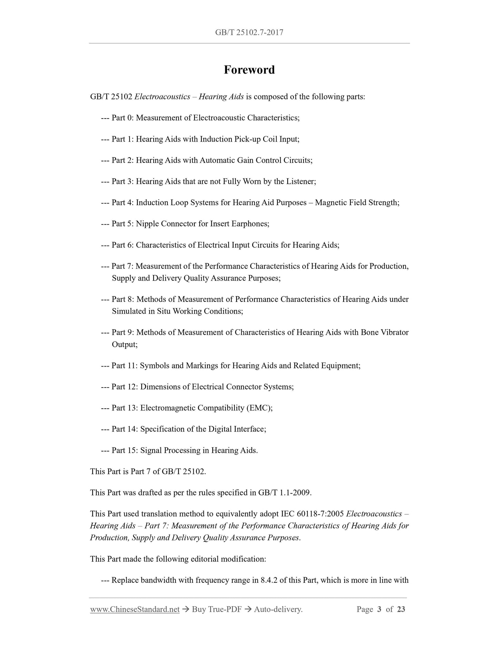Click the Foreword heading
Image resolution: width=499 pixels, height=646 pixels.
pos(249,70)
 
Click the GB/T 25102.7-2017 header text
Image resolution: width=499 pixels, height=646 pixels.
pos(249,32)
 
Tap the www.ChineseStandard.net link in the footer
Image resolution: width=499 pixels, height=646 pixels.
pos(135,609)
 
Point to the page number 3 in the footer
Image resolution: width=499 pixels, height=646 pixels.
pos(379,609)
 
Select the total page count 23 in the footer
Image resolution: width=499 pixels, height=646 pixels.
pos(401,609)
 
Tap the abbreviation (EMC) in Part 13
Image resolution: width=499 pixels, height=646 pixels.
pos(259,408)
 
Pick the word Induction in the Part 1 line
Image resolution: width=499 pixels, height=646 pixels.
pos(216,139)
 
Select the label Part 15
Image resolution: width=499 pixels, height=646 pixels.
pos(124,450)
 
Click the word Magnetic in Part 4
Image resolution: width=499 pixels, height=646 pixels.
pos(331,202)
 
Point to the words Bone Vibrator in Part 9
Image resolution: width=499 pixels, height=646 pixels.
pos(384,332)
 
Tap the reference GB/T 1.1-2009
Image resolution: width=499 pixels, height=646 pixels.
pos(284,493)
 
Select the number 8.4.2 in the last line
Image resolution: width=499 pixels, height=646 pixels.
pos(269,580)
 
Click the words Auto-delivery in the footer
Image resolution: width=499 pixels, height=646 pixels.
pos(278,609)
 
